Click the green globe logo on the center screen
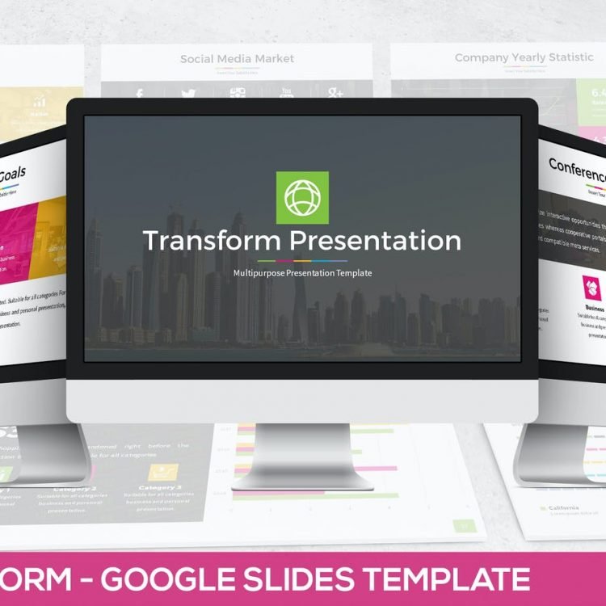302,197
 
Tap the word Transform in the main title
212,240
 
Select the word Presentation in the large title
375,240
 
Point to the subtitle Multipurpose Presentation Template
302,273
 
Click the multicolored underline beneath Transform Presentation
302,260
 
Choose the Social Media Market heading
237,58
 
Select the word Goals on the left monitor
12,176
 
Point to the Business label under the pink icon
595,308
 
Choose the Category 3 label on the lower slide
160,487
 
